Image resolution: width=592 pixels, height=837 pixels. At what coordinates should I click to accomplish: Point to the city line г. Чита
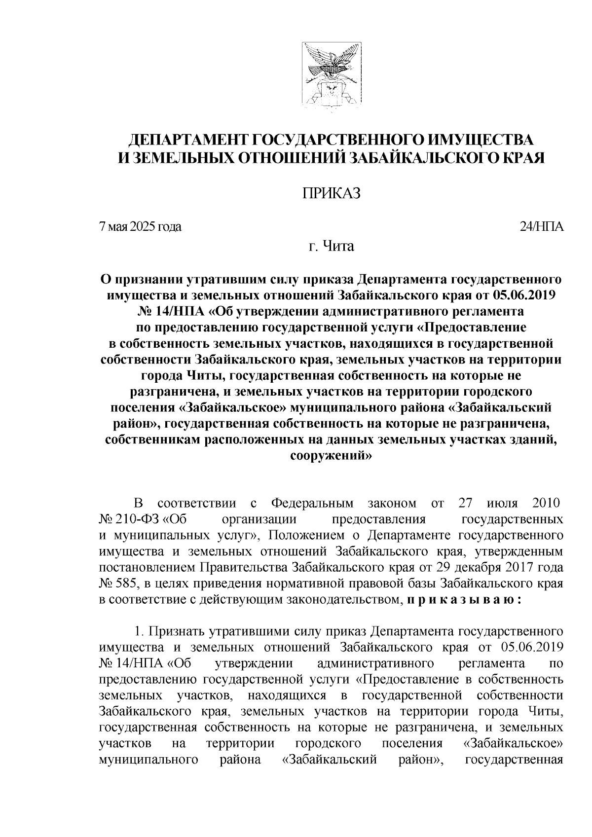point(331,246)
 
